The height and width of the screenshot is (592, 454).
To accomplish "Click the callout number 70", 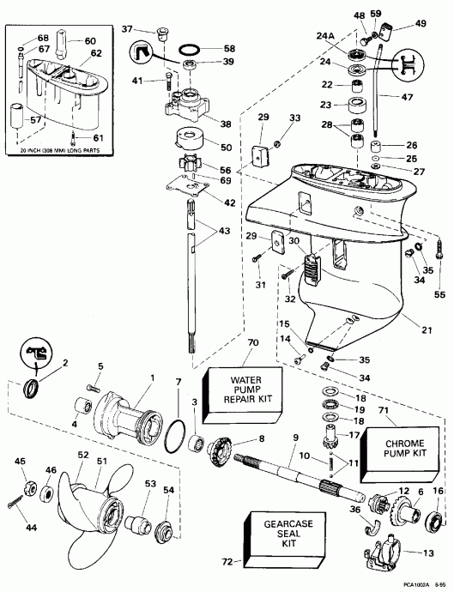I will [228, 343].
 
